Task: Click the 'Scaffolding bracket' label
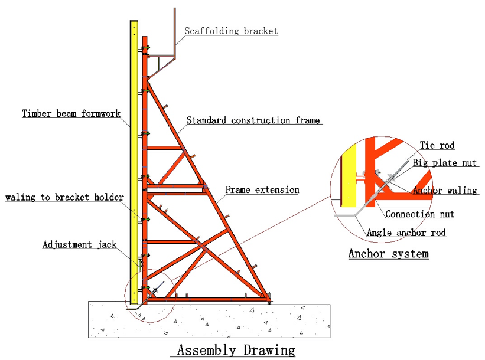point(231,31)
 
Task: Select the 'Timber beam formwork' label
point(71,113)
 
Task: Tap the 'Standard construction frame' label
point(253,121)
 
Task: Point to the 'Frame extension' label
point(262,190)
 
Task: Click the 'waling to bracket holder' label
point(64,197)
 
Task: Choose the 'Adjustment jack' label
point(80,244)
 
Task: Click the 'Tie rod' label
point(437,145)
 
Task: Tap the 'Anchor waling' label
point(445,191)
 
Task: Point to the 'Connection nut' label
point(420,214)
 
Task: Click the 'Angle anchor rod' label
point(406,233)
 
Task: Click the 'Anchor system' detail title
point(388,254)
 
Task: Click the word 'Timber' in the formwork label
point(37,113)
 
